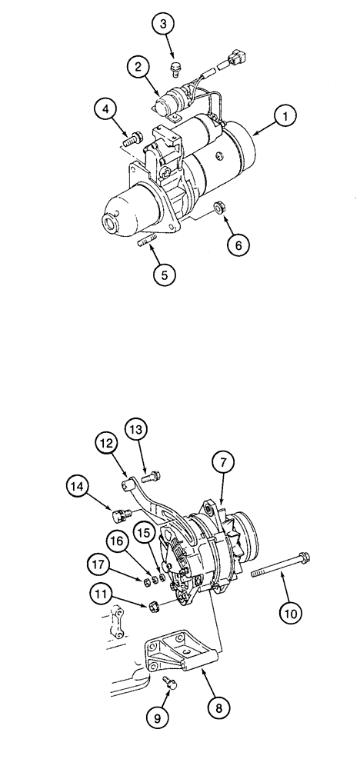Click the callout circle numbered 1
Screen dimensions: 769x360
(x=286, y=117)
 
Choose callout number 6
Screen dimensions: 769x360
(x=238, y=245)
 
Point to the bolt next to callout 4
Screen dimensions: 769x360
(x=132, y=139)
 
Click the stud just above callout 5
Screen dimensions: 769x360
(x=148, y=245)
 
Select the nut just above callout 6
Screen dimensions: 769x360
(x=218, y=208)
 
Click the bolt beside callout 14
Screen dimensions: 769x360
(x=119, y=515)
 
